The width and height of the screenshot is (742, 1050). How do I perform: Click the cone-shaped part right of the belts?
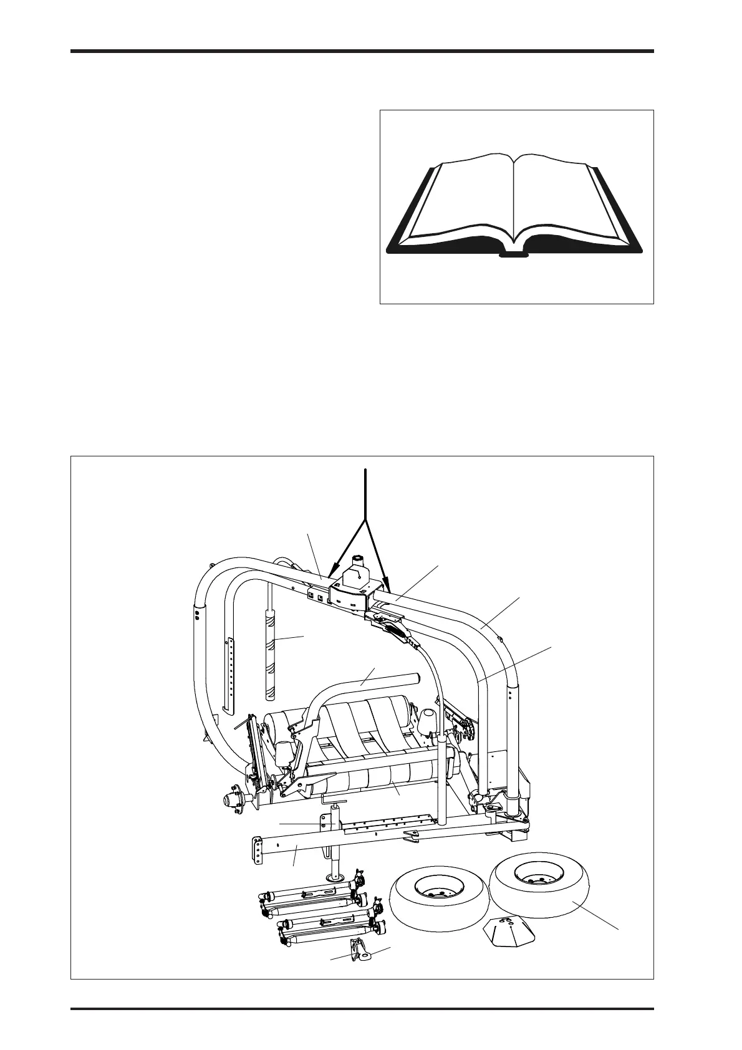pos(428,723)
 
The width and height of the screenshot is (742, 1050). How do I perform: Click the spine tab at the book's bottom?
pos(514,254)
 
